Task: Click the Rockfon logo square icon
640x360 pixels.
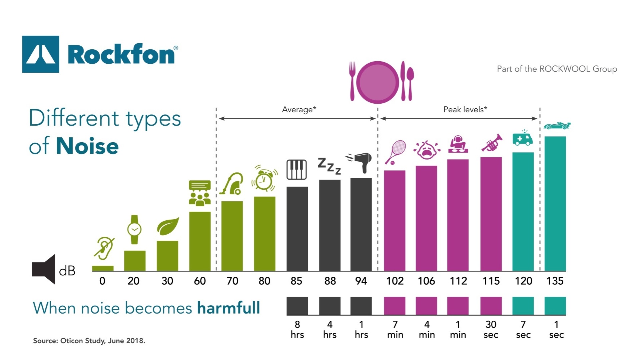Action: (x=40, y=54)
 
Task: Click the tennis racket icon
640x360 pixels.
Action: (x=395, y=152)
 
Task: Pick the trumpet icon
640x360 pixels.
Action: (x=492, y=143)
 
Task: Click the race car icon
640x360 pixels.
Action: (x=557, y=126)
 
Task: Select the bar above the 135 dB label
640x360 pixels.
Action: (x=555, y=203)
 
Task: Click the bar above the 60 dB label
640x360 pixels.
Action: (x=200, y=241)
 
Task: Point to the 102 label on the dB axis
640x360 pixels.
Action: (x=395, y=281)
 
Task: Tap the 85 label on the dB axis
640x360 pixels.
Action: (x=296, y=281)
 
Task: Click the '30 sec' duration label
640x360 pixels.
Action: (x=491, y=329)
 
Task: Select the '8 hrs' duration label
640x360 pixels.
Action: (x=297, y=329)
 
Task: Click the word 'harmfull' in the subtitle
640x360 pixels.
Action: (x=228, y=308)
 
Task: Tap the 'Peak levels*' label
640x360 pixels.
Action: (x=465, y=109)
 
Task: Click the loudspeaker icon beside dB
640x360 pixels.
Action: (x=44, y=269)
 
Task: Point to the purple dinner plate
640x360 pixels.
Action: (x=378, y=82)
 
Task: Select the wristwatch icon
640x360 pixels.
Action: (x=134, y=229)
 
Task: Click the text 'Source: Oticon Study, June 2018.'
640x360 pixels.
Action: (x=89, y=341)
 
